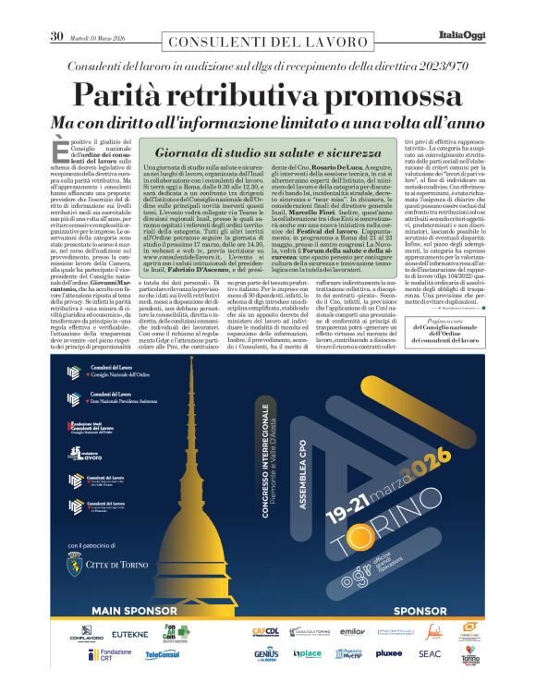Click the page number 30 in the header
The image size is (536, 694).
pos(55,36)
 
